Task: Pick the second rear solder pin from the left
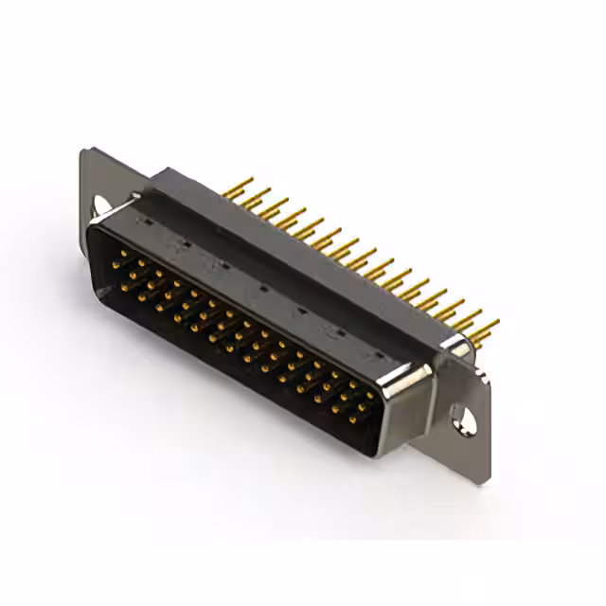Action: [258, 192]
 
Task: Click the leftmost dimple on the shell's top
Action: [145, 220]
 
